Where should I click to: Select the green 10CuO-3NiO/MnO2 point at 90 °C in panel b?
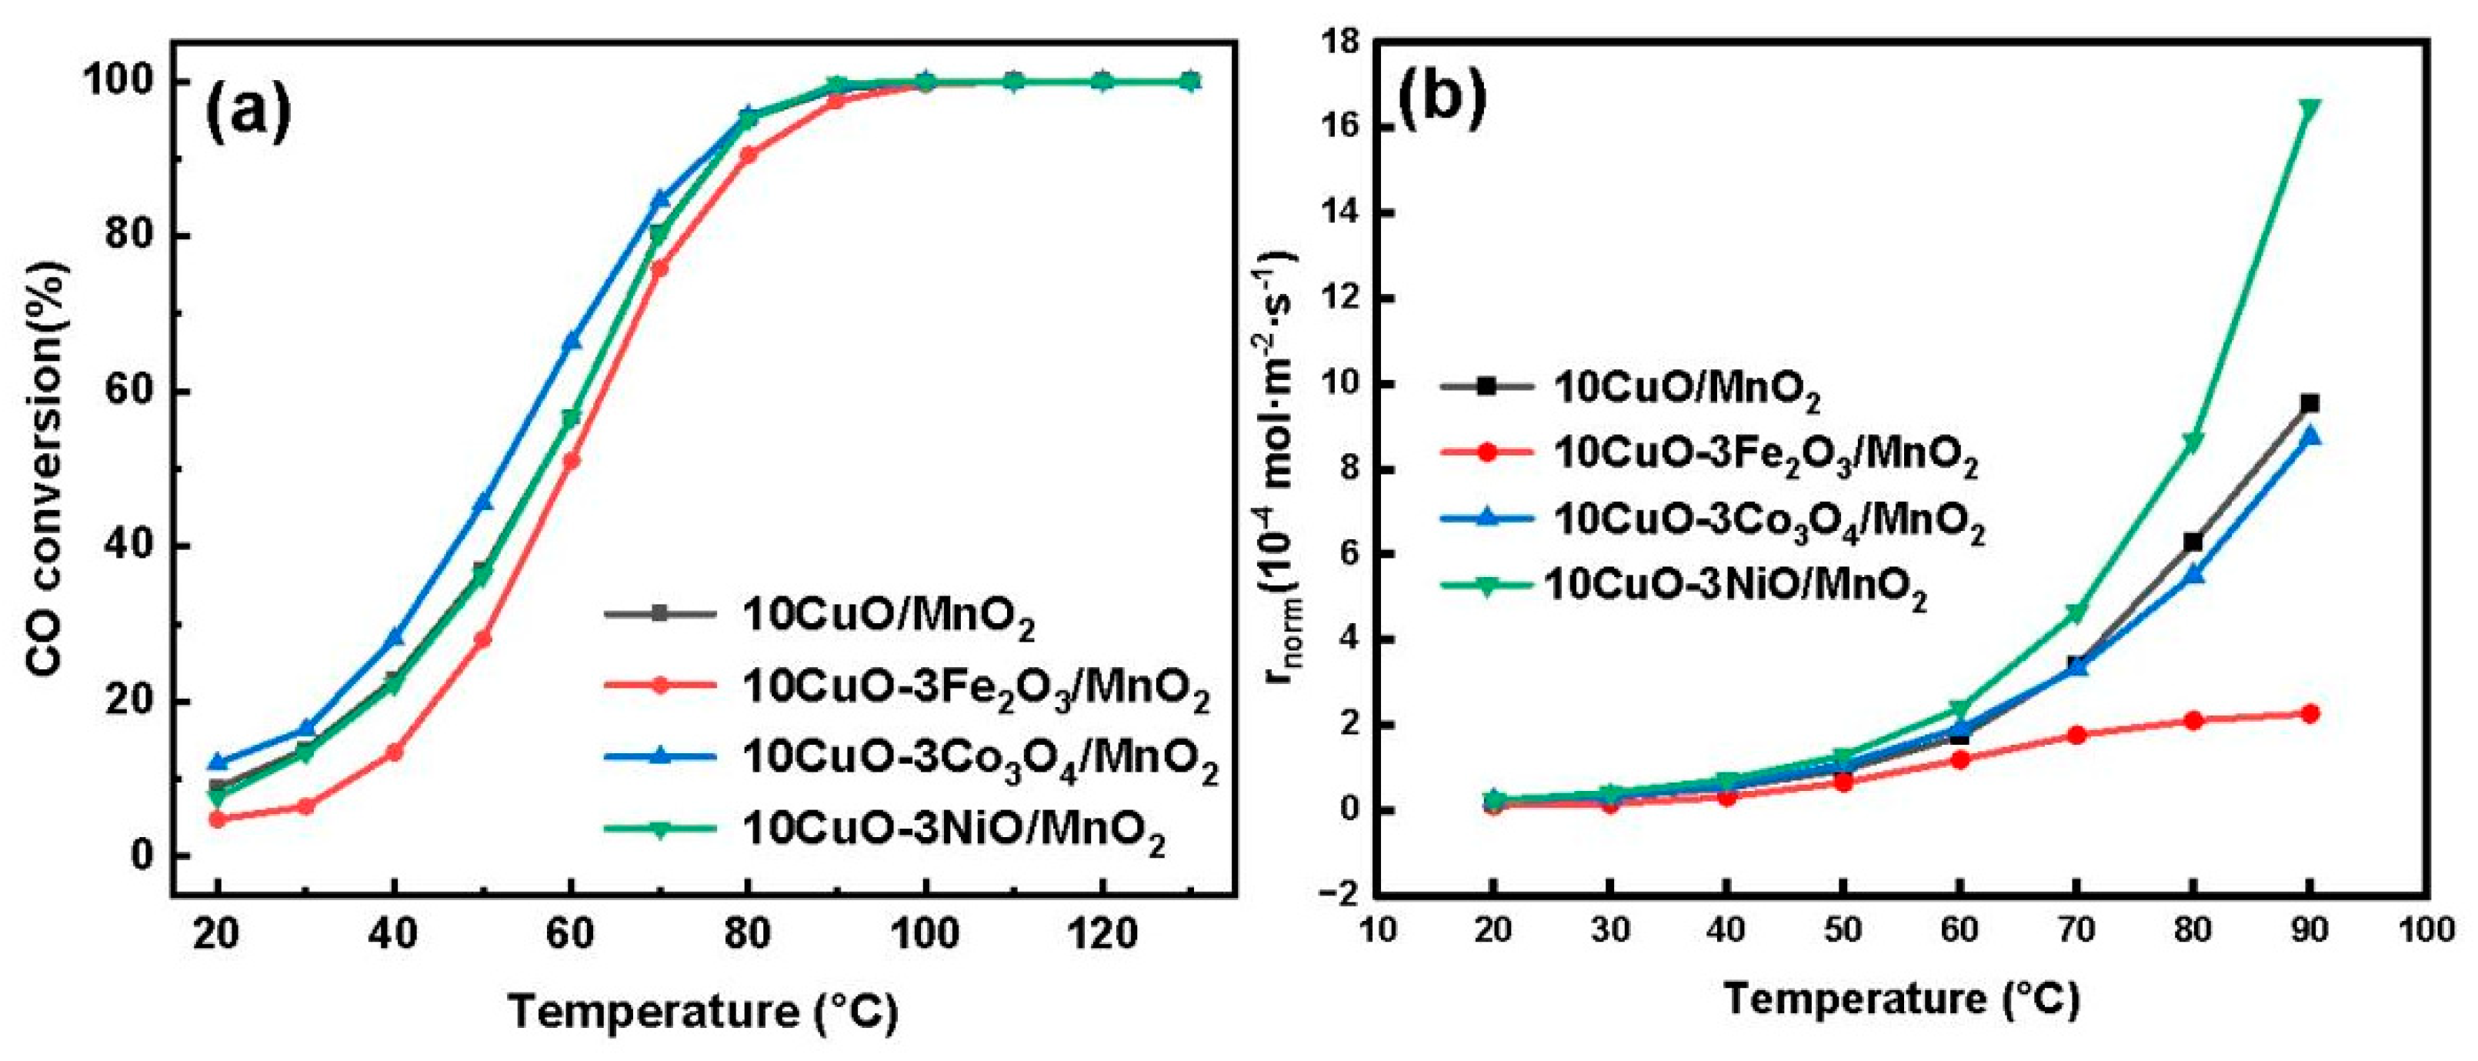[x=2309, y=134]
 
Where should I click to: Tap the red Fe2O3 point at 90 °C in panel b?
[x=2309, y=712]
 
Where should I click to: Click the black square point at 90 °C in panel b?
[x=2309, y=403]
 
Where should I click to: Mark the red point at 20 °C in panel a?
[x=218, y=819]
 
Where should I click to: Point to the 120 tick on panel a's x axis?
[x=1102, y=933]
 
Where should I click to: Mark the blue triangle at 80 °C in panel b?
[x=2193, y=574]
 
